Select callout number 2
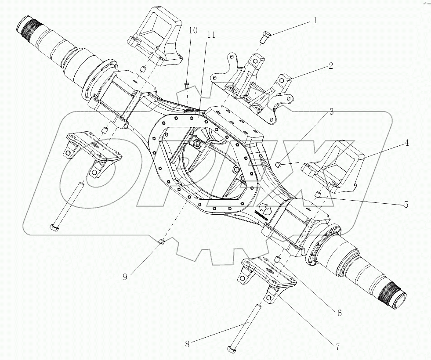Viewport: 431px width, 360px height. tap(330, 66)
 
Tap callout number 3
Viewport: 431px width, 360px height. tap(331, 112)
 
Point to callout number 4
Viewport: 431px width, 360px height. tap(407, 143)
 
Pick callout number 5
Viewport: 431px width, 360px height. tap(406, 205)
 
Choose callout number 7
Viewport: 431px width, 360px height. tap(337, 347)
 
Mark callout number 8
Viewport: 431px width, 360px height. tap(187, 344)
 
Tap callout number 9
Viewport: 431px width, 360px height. tap(125, 277)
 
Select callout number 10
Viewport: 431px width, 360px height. tap(193, 30)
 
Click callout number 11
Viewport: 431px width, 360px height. tap(211, 35)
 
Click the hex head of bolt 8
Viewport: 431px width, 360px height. tap(231, 349)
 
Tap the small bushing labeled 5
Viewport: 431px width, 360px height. tap(317, 194)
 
